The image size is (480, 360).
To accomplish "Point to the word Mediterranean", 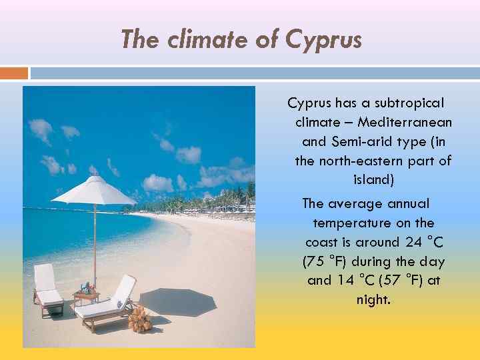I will point(405,123).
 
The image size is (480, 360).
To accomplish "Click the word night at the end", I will point(373,300).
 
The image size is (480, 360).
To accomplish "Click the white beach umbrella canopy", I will point(94,191).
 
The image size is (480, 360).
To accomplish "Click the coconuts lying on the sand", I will point(140,321).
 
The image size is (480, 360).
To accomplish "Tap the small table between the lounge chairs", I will point(87,294).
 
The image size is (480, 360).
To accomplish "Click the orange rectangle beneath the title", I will point(14,73).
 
